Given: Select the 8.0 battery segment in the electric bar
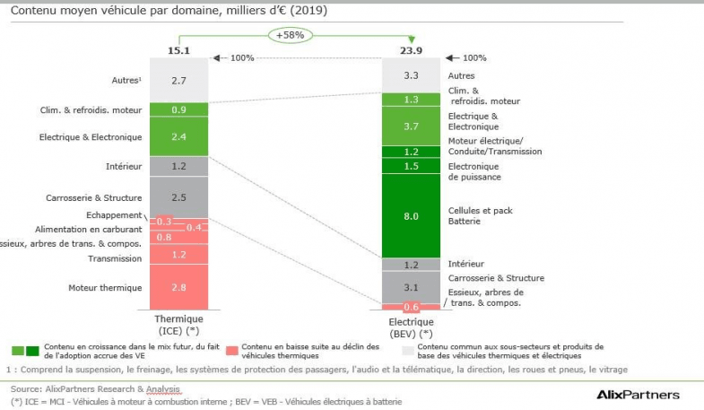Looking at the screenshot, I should pyautogui.click(x=412, y=215).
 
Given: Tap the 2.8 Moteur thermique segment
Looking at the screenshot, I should pyautogui.click(x=178, y=288).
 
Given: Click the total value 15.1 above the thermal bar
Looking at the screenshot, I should pyautogui.click(x=178, y=50).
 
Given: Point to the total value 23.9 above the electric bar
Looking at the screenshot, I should pyautogui.click(x=412, y=50).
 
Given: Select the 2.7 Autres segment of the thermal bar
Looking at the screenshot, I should pyautogui.click(x=178, y=80).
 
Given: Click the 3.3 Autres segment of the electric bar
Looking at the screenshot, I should pyautogui.click(x=412, y=75).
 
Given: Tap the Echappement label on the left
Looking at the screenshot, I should pyautogui.click(x=114, y=215).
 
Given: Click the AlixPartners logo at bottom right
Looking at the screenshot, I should pyautogui.click(x=638, y=394).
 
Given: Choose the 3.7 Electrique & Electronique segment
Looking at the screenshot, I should pyautogui.click(x=412, y=126).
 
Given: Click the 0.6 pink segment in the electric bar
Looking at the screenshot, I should pyautogui.click(x=412, y=307).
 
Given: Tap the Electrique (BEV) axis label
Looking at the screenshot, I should pyautogui.click(x=412, y=326).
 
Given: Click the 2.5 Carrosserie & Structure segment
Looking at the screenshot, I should pyautogui.click(x=178, y=196).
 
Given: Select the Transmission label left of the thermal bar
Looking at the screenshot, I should pyautogui.click(x=115, y=258).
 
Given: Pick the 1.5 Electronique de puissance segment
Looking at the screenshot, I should pyautogui.click(x=412, y=166).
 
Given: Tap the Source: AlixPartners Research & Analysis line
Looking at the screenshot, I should pyautogui.click(x=95, y=389).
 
